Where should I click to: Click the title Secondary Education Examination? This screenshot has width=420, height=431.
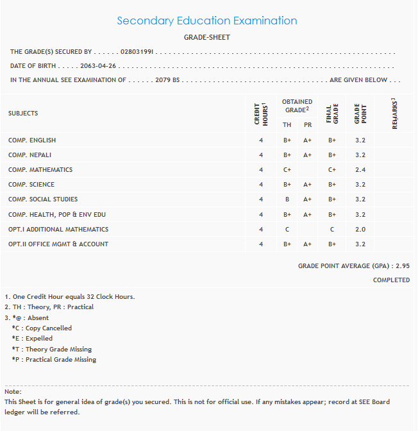[206, 21]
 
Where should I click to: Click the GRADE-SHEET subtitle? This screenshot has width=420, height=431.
[206, 37]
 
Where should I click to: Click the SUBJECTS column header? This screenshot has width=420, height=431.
[23, 114]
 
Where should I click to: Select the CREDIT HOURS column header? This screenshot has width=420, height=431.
[260, 113]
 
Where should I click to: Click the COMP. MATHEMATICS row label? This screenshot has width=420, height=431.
[40, 170]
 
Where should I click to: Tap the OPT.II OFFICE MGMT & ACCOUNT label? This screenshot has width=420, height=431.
[58, 244]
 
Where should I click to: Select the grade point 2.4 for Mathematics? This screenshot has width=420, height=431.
[360, 170]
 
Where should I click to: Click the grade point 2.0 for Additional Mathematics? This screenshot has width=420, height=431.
[360, 230]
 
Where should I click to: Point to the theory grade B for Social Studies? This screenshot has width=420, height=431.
[287, 199]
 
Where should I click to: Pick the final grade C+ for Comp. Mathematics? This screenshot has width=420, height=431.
[332, 170]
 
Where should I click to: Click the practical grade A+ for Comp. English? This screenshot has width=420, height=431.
[308, 140]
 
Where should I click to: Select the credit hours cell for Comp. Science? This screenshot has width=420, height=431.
[261, 185]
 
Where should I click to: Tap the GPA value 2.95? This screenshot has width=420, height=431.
[403, 266]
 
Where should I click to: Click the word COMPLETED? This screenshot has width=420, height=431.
[391, 280]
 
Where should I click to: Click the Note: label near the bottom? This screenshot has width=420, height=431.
[13, 391]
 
